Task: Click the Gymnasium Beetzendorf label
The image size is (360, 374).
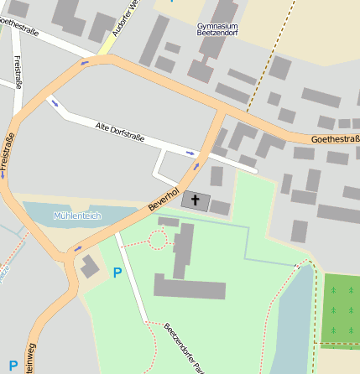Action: click(217, 30)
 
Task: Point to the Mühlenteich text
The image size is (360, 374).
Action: click(76, 216)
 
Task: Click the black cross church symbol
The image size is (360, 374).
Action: click(196, 200)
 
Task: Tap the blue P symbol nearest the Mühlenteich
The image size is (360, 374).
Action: click(117, 272)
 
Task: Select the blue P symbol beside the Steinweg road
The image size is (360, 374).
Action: click(13, 365)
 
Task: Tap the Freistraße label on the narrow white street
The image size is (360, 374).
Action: click(18, 70)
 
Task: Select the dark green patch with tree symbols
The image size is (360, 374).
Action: click(340, 309)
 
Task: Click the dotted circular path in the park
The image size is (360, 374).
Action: click(156, 240)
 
